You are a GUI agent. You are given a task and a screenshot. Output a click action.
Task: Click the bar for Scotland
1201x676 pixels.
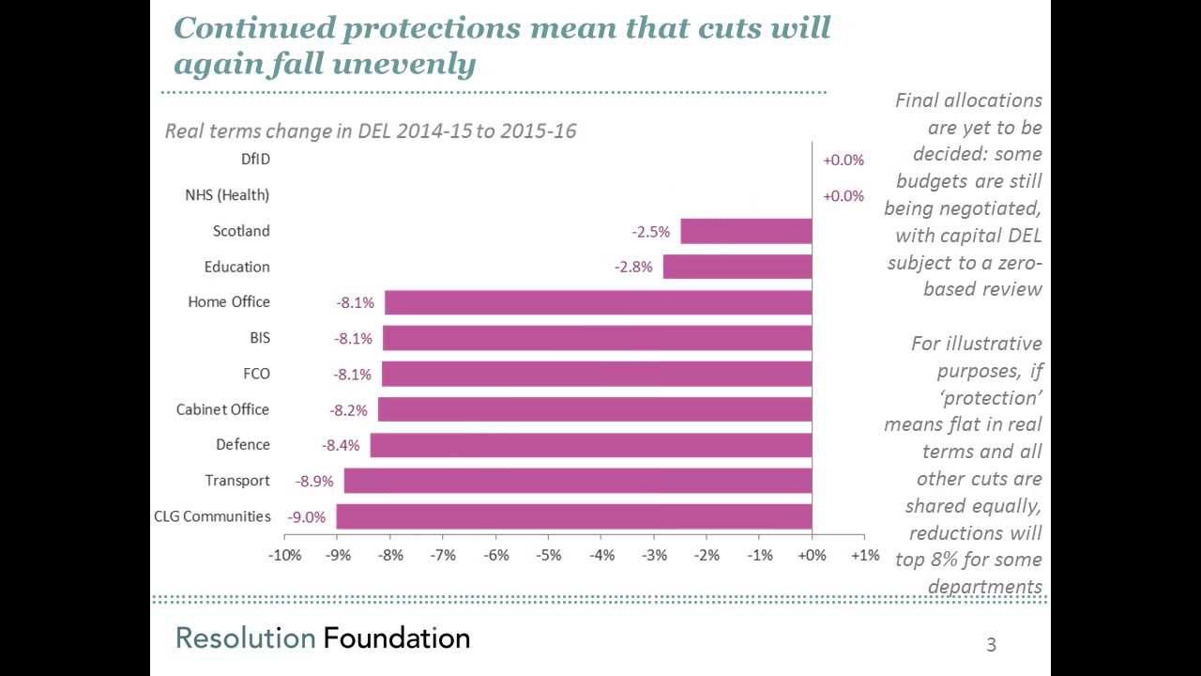(746, 231)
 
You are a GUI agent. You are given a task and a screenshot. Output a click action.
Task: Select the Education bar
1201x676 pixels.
(737, 267)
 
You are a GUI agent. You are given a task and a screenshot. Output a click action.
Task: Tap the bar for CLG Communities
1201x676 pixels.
(573, 516)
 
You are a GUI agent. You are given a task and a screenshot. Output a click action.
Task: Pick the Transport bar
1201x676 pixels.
(577, 481)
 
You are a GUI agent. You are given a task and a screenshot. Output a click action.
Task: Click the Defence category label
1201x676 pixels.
(243, 445)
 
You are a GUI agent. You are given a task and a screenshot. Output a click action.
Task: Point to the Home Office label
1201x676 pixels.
(229, 302)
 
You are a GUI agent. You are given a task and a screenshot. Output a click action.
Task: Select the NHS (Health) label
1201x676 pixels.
(227, 195)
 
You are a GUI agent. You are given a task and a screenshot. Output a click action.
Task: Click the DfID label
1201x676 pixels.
(255, 160)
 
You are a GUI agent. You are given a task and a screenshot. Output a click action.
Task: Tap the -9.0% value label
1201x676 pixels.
(307, 516)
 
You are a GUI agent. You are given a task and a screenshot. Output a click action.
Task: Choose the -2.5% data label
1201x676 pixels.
(650, 231)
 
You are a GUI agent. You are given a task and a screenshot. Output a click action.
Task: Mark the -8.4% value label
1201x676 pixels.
(341, 445)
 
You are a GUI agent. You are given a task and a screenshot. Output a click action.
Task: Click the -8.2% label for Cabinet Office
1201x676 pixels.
(348, 410)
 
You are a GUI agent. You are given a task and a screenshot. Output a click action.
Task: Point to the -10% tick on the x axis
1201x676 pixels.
(284, 555)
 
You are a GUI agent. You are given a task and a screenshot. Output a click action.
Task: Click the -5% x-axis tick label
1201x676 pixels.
(549, 555)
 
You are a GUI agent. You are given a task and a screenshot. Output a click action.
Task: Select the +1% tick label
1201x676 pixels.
(865, 555)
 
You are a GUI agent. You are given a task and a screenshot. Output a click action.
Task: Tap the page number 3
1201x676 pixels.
(991, 645)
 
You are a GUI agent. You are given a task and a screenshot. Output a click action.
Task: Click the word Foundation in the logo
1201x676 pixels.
(396, 638)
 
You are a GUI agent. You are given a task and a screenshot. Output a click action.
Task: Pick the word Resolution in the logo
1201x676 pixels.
(245, 638)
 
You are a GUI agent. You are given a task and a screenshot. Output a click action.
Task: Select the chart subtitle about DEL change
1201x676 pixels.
(371, 131)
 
